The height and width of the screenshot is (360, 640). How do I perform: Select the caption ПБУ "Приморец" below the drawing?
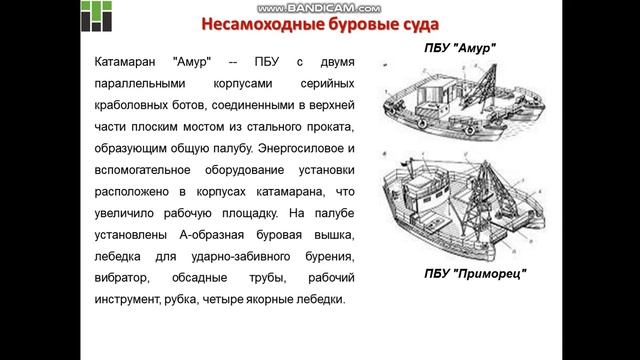[x=475, y=273]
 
